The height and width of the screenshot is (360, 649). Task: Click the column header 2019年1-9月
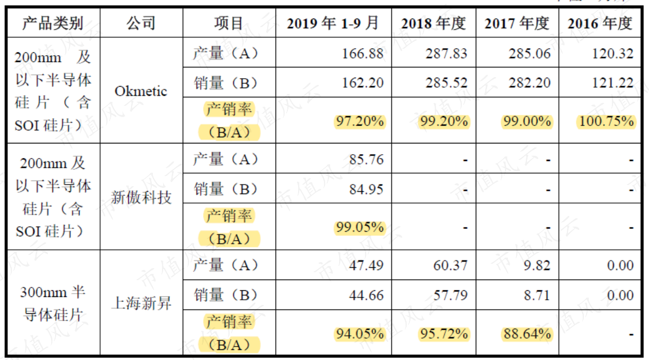pyautogui.click(x=333, y=23)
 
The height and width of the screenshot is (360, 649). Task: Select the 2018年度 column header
pyautogui.click(x=434, y=23)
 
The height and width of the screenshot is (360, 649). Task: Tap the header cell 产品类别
pyautogui.click(x=53, y=23)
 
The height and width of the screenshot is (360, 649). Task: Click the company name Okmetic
pyautogui.click(x=141, y=91)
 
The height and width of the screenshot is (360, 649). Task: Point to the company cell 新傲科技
pyautogui.click(x=141, y=197)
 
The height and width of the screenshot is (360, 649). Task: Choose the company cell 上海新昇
pyautogui.click(x=141, y=303)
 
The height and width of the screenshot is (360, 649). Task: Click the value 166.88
pyautogui.click(x=363, y=53)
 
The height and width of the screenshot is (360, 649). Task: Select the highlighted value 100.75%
pyautogui.click(x=606, y=121)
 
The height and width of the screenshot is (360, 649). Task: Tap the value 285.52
pyautogui.click(x=446, y=83)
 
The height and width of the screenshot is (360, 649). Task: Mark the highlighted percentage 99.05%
pyautogui.click(x=360, y=227)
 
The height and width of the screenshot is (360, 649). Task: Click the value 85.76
pyautogui.click(x=366, y=159)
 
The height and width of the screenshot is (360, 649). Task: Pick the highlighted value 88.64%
pyautogui.click(x=527, y=334)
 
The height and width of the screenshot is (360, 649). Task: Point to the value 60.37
pyautogui.click(x=450, y=265)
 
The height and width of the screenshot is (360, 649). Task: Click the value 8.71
pyautogui.click(x=537, y=295)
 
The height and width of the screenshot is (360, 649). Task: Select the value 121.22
pyautogui.click(x=612, y=83)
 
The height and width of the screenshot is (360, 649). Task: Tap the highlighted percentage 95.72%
pyautogui.click(x=444, y=334)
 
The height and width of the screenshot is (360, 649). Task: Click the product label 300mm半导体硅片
pyautogui.click(x=53, y=303)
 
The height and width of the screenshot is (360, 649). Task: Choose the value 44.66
pyautogui.click(x=366, y=295)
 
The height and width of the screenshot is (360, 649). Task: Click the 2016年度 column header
pyautogui.click(x=600, y=23)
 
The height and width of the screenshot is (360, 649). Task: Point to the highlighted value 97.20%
pyautogui.click(x=360, y=121)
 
